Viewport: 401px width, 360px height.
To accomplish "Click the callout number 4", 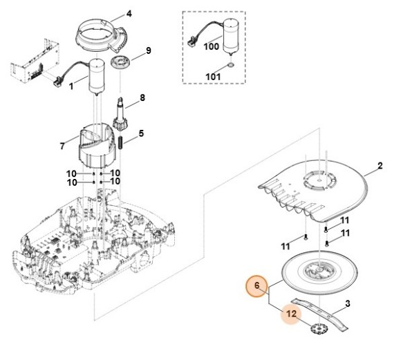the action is pyautogui.click(x=129, y=14).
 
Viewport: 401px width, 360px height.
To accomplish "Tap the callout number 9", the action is pyautogui.click(x=149, y=50).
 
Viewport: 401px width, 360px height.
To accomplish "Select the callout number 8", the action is pyautogui.click(x=142, y=97).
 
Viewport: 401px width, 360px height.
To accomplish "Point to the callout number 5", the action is pyautogui.click(x=141, y=133).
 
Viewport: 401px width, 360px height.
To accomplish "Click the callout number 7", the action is pyautogui.click(x=62, y=146).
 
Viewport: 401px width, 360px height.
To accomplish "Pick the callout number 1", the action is pyautogui.click(x=71, y=86).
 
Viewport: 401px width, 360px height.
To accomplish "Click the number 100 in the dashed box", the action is pyautogui.click(x=212, y=46).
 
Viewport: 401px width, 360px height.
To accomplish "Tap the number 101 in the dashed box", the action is pyautogui.click(x=213, y=77).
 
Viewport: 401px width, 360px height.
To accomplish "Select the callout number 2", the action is pyautogui.click(x=380, y=166).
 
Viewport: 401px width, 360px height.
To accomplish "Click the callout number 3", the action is pyautogui.click(x=348, y=304).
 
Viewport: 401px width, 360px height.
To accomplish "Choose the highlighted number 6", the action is pyautogui.click(x=257, y=285).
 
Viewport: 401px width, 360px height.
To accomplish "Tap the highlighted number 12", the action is pyautogui.click(x=291, y=314).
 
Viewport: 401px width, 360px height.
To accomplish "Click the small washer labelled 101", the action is pyautogui.click(x=230, y=66).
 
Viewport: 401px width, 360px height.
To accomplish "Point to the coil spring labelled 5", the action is pyautogui.click(x=121, y=142).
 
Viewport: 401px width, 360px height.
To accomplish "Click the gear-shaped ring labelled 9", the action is pyautogui.click(x=121, y=63).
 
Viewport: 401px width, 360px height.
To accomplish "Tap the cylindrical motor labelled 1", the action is pyautogui.click(x=97, y=77).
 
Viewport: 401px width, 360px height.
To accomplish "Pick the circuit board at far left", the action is pyautogui.click(x=35, y=61).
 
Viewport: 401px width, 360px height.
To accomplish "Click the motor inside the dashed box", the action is pyautogui.click(x=231, y=37).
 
